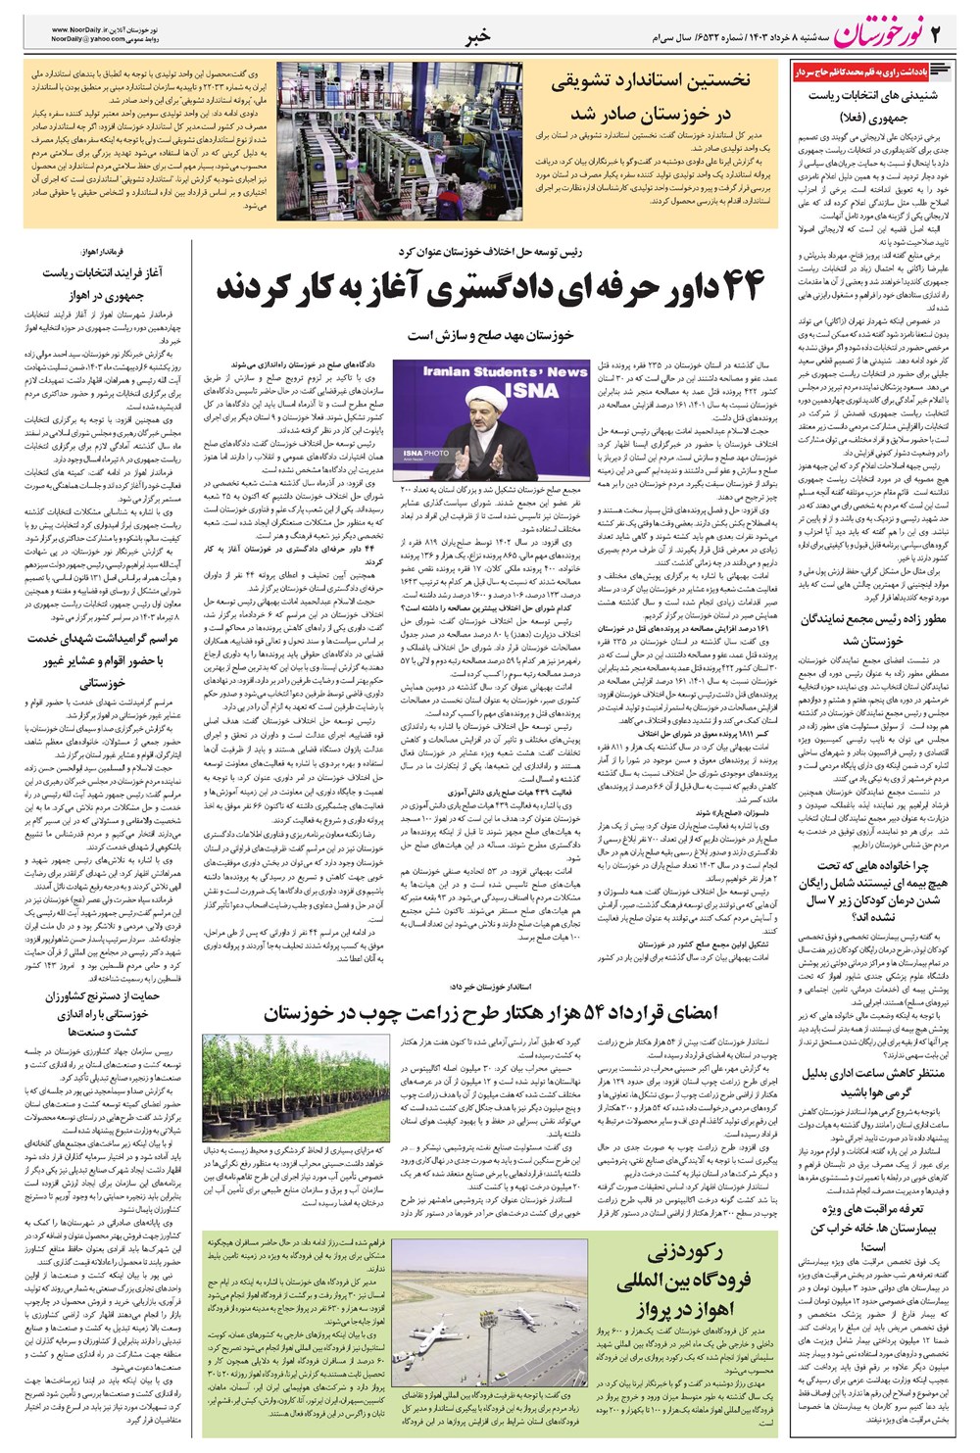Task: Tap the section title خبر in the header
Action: pyautogui.click(x=476, y=37)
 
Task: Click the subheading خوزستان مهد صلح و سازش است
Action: pyautogui.click(x=490, y=336)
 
